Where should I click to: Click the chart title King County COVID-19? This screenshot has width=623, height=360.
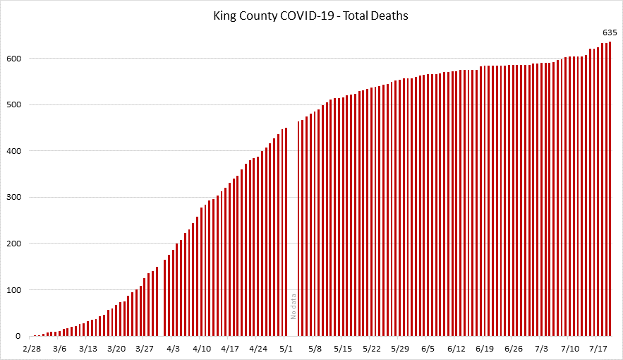click(x=312, y=14)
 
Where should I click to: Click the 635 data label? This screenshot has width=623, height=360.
click(x=610, y=32)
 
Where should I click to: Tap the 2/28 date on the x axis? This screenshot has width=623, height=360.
click(x=31, y=349)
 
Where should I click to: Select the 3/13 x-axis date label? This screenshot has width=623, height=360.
click(x=88, y=349)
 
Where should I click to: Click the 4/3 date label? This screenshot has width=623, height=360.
click(x=173, y=349)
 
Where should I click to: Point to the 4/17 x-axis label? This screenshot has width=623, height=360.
click(x=230, y=349)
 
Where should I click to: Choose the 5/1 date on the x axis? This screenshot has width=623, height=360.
click(x=286, y=349)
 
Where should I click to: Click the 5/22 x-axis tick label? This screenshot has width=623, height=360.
click(x=372, y=349)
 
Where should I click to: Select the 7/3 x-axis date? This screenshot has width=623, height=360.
click(x=542, y=349)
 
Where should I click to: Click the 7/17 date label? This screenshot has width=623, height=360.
click(x=598, y=349)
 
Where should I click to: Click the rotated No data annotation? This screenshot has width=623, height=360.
click(x=294, y=305)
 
